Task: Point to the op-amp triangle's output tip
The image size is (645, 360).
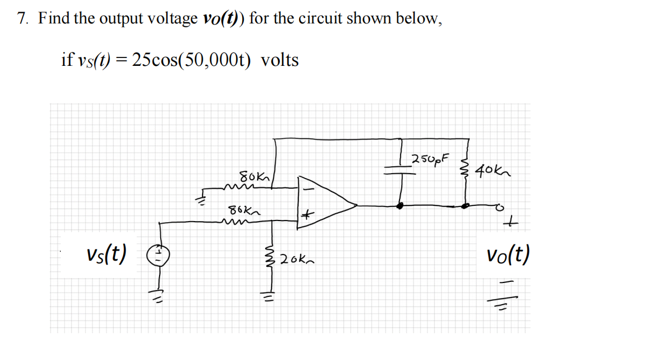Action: coord(355,205)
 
